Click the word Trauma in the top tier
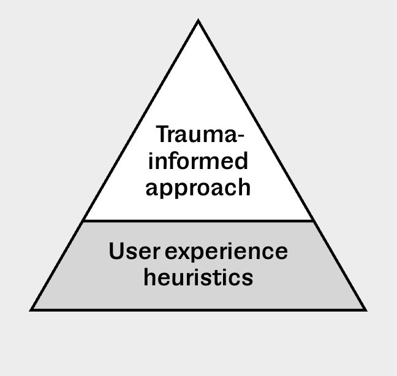(x=194, y=135)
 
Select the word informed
(x=198, y=161)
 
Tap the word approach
(x=198, y=187)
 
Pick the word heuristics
(x=198, y=277)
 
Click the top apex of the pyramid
(x=198, y=21)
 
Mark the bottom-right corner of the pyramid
(x=365, y=310)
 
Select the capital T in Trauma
(x=161, y=134)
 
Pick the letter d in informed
(x=241, y=161)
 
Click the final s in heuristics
(x=248, y=279)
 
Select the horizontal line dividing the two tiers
(x=198, y=220)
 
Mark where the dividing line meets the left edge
(x=83, y=220)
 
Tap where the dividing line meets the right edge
(x=314, y=220)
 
